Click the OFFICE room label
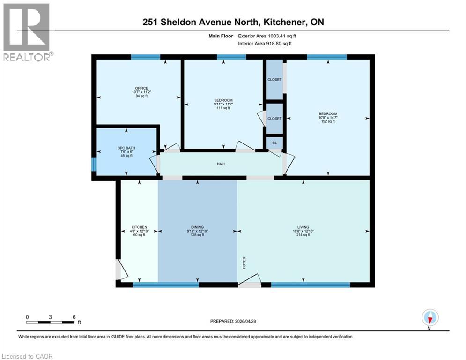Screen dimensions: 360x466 pyautogui.click(x=141, y=88)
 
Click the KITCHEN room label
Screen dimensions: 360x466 pyautogui.click(x=139, y=227)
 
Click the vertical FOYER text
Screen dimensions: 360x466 pyautogui.click(x=244, y=262)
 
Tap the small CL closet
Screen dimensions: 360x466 pyautogui.click(x=274, y=142)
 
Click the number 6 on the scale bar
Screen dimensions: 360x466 pyautogui.click(x=74, y=317)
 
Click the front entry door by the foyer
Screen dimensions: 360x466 pyautogui.click(x=250, y=283)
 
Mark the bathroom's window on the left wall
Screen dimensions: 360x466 pyautogui.click(x=94, y=164)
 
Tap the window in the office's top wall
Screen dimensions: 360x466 pyautogui.click(x=145, y=57)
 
